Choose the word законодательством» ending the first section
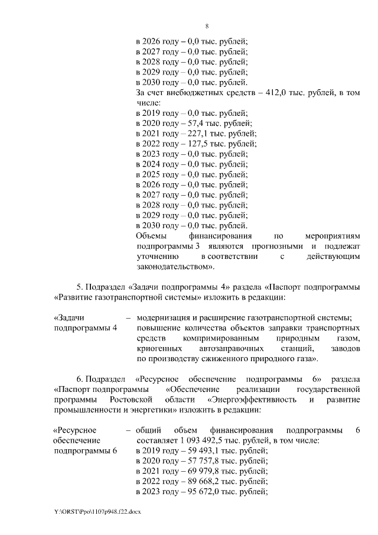[175, 267]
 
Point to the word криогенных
[155, 349]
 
